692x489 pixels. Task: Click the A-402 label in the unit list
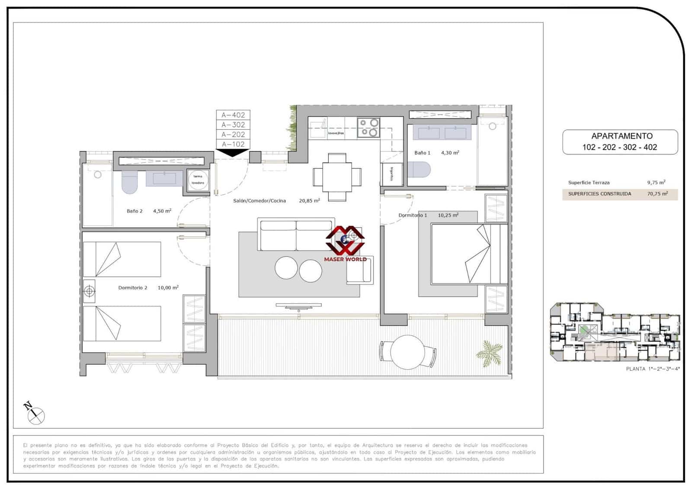[233, 115]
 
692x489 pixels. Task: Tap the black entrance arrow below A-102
[233, 152]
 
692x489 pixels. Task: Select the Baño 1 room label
[422, 153]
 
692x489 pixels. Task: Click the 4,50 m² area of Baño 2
[162, 211]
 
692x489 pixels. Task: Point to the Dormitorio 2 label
[133, 288]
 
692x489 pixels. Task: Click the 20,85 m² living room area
[309, 201]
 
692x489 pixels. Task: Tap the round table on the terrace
[407, 352]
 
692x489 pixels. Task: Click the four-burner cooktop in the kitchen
[368, 128]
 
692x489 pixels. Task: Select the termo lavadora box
[198, 180]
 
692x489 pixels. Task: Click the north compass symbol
[35, 414]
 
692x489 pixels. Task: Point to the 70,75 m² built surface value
[657, 194]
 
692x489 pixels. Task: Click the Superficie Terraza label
[589, 183]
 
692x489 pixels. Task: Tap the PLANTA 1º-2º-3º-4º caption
[653, 369]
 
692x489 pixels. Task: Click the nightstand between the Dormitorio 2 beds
[89, 291]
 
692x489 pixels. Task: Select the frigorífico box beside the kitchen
[392, 174]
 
